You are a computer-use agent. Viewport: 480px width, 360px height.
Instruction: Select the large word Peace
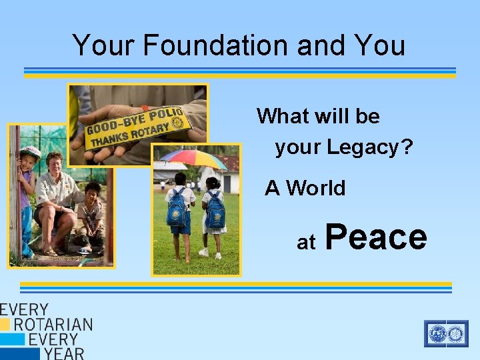(x=377, y=237)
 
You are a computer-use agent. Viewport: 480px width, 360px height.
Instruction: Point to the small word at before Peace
(x=306, y=243)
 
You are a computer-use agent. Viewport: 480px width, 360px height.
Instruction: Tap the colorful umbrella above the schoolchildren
(x=193, y=159)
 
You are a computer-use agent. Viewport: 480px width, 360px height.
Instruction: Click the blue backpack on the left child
(x=177, y=208)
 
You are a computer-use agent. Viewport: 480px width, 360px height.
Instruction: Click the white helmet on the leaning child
(x=31, y=153)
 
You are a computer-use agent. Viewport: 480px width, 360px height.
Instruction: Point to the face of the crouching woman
(x=54, y=163)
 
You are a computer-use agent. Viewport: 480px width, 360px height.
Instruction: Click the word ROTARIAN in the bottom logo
(x=53, y=325)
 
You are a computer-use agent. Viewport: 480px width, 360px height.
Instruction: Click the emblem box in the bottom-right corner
(x=446, y=333)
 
